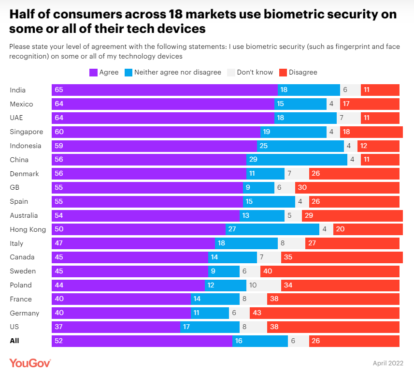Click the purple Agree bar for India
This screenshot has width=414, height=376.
click(165, 90)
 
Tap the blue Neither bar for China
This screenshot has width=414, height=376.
click(297, 160)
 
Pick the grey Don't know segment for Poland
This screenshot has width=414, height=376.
click(264, 285)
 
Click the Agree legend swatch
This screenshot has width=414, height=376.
click(93, 73)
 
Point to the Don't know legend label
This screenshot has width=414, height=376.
click(255, 73)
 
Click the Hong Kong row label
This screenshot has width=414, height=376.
click(28, 229)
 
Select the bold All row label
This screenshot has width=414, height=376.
click(15, 341)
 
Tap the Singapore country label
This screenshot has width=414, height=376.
click(27, 132)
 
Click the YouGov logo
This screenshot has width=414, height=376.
click(30, 362)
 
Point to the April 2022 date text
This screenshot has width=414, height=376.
click(387, 363)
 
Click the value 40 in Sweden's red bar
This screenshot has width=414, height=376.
click(267, 271)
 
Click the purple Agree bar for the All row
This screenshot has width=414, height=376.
click(142, 341)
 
